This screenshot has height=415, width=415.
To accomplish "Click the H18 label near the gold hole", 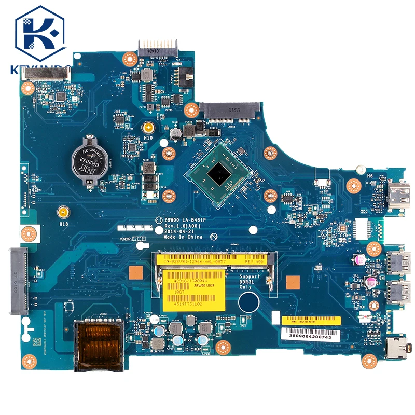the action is click(x=64, y=224).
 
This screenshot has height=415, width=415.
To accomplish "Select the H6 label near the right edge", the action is click(x=370, y=176).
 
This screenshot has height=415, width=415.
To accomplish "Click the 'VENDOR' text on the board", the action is click(x=125, y=239).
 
